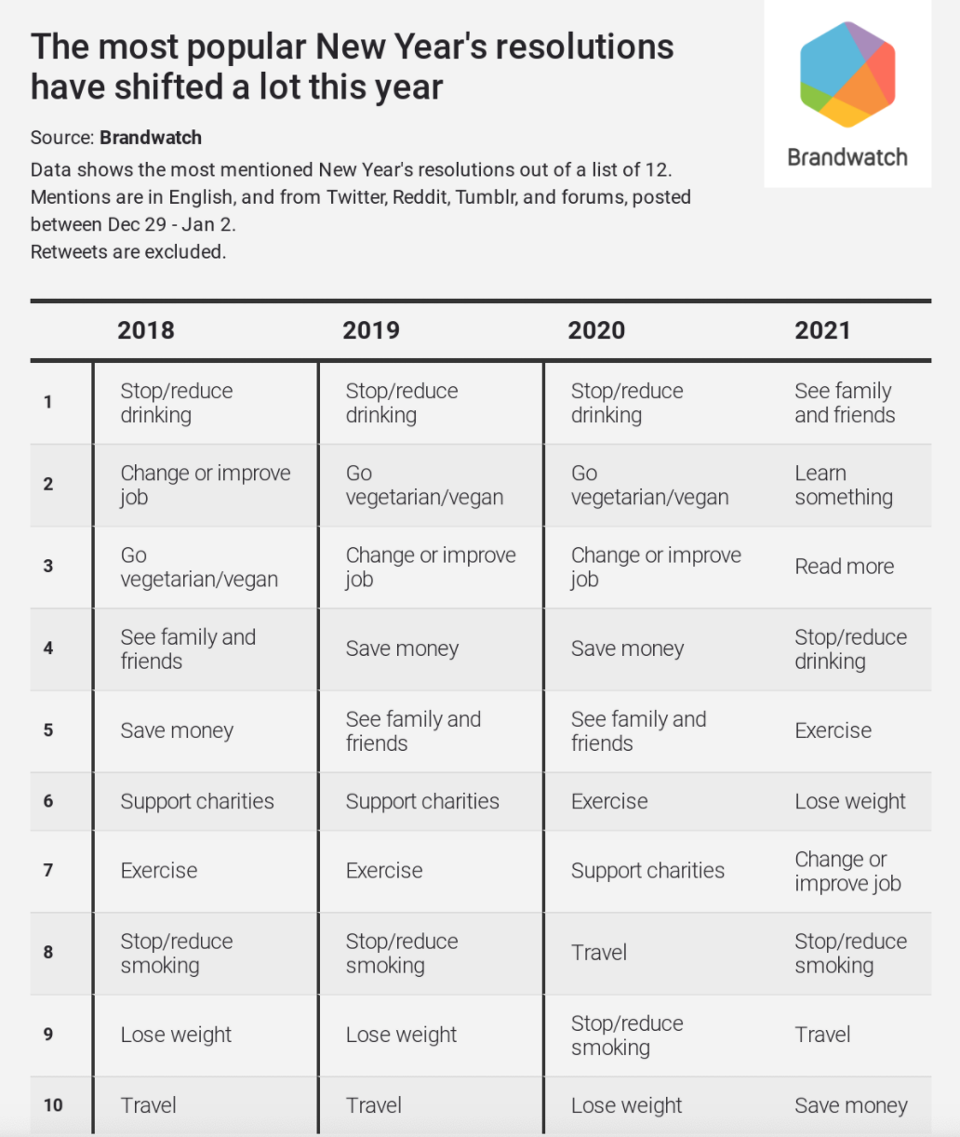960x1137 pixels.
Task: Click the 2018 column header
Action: click(x=146, y=330)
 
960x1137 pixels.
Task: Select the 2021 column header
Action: click(x=822, y=330)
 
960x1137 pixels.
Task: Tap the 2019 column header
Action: click(x=371, y=330)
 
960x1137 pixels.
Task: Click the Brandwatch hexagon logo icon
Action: click(x=847, y=74)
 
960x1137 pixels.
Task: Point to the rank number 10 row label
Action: click(x=53, y=1105)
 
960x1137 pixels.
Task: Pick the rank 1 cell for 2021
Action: click(x=845, y=403)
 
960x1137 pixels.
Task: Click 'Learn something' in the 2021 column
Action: click(x=843, y=485)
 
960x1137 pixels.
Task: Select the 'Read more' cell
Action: click(x=844, y=567)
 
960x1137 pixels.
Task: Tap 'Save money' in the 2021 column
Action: click(x=850, y=1105)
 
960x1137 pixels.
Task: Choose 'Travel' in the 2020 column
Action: click(x=599, y=953)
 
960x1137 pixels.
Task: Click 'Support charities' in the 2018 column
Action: click(x=197, y=801)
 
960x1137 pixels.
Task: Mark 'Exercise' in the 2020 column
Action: click(x=609, y=801)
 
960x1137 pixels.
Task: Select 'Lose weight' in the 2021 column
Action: click(x=849, y=801)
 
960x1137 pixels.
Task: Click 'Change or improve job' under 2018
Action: click(x=205, y=485)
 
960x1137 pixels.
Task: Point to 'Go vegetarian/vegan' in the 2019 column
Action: click(x=424, y=485)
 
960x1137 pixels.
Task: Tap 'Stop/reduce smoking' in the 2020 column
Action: click(x=626, y=1036)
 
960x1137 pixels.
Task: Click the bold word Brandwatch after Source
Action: click(x=151, y=138)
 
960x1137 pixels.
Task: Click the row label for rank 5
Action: click(x=48, y=730)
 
